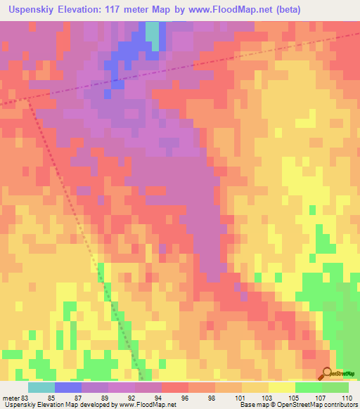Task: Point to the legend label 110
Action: (x=345, y=397)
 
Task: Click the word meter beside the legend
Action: (x=10, y=397)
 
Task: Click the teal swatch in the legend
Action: (x=41, y=387)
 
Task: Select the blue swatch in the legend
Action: (x=68, y=387)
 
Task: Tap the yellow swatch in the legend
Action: (x=282, y=387)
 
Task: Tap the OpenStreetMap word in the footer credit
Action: (x=288, y=405)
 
